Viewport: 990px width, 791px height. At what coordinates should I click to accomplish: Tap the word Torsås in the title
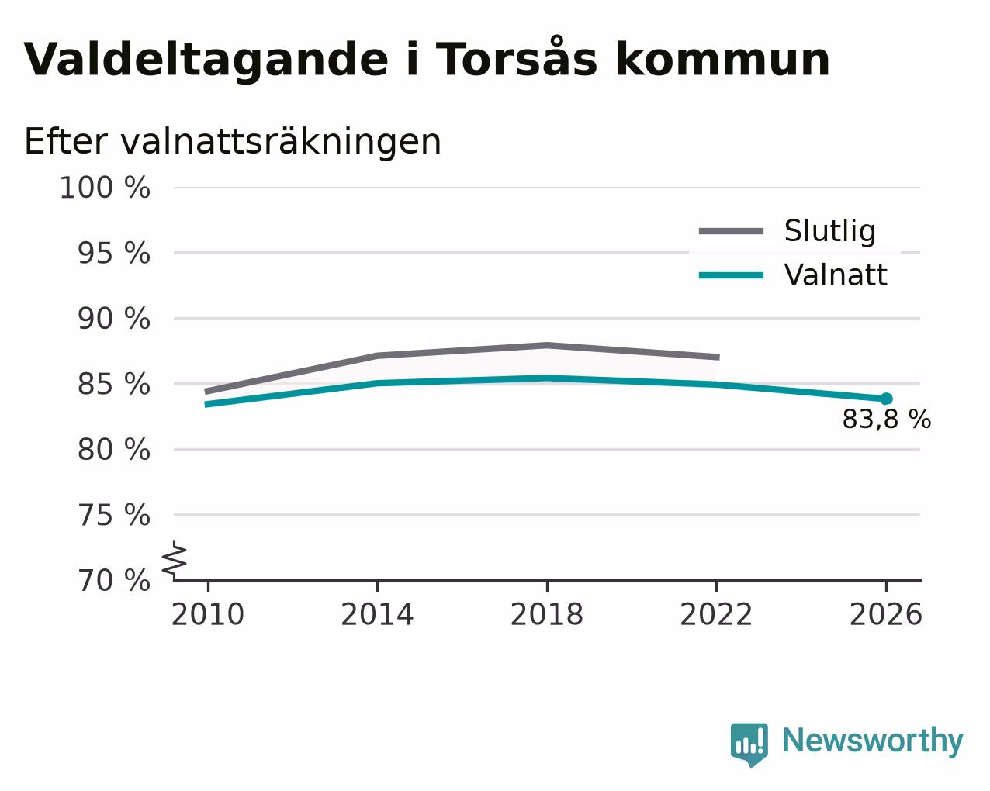[516, 57]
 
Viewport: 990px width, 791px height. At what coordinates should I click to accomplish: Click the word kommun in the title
[723, 59]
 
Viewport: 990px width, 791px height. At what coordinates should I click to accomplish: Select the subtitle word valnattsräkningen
[281, 143]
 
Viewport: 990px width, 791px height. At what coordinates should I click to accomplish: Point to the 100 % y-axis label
[105, 188]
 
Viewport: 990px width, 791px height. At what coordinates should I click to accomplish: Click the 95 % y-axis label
[113, 253]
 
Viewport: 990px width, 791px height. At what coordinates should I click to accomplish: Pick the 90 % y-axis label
[113, 318]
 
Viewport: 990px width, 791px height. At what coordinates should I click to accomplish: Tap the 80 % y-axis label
[113, 449]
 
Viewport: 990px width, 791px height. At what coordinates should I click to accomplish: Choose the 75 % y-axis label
[113, 515]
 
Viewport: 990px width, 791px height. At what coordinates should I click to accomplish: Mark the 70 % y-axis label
[113, 580]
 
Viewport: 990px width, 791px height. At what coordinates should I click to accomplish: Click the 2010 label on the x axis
[207, 614]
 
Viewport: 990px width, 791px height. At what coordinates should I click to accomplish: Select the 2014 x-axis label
[377, 614]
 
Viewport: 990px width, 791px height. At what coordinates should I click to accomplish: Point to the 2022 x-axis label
[716, 614]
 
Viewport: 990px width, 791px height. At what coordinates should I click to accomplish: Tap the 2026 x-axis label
[885, 614]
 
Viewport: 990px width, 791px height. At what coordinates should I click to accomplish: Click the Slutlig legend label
[830, 231]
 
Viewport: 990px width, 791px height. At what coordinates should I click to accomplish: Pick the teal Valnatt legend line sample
[731, 275]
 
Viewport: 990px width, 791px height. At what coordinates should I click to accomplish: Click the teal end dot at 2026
[886, 399]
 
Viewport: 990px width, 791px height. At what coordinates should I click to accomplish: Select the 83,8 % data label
[887, 420]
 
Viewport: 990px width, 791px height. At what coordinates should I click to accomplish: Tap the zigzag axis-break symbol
[175, 560]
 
